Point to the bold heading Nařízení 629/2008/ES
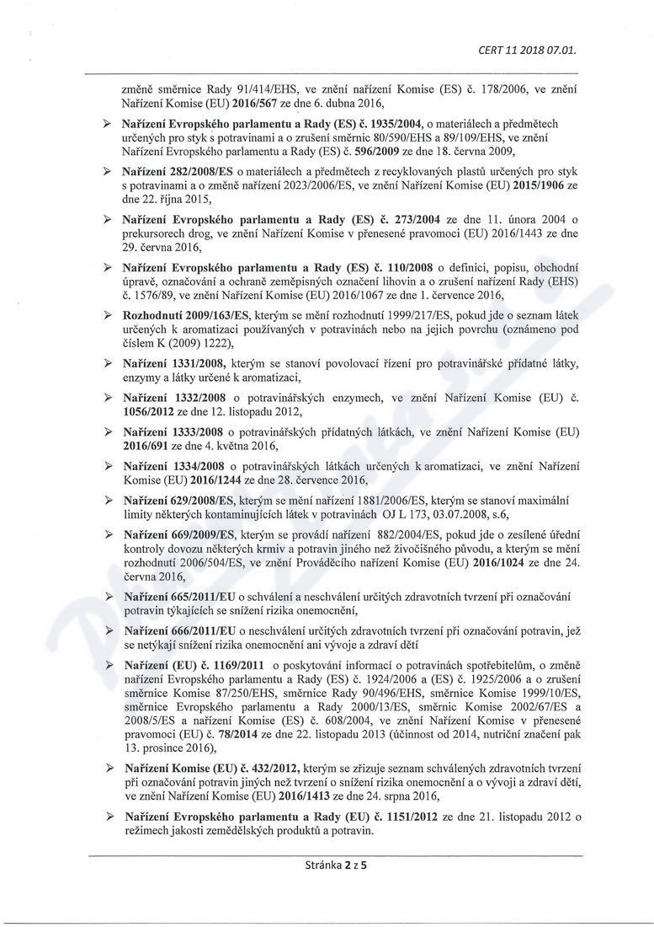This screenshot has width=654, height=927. pos(173,501)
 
